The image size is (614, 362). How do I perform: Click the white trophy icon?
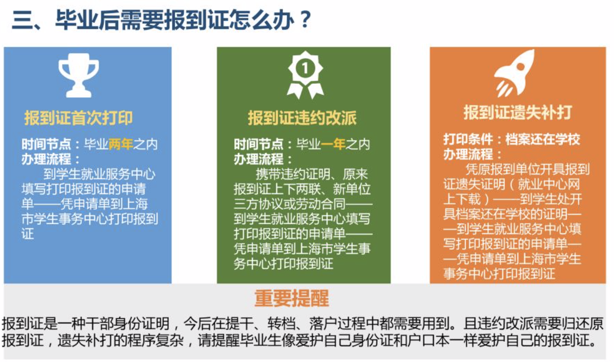coord(79,75)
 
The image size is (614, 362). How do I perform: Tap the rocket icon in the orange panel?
coord(514,73)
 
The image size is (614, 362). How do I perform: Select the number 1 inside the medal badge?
coord(305,68)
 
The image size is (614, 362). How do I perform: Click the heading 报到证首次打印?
coord(79,119)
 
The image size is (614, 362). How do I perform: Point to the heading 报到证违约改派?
coord(302,119)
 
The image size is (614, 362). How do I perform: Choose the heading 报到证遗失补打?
coord(517,113)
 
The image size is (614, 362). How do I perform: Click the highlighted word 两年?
coord(121,144)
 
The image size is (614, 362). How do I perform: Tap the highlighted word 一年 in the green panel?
coord(333,144)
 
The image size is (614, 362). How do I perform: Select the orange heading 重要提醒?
coord(292,299)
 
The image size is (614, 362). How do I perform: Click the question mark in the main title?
coord(305,19)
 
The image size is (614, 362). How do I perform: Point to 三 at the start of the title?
coord(22,20)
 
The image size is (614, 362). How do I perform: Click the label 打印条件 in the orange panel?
coord(468,140)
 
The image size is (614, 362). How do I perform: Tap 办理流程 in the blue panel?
coord(46,159)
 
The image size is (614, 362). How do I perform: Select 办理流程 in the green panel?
coord(259,159)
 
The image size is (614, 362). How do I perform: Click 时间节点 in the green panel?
coord(259,144)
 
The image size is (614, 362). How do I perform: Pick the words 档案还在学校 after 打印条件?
coord(543,140)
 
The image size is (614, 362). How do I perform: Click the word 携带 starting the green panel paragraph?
coord(268,174)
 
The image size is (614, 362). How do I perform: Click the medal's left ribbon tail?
coord(295,91)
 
